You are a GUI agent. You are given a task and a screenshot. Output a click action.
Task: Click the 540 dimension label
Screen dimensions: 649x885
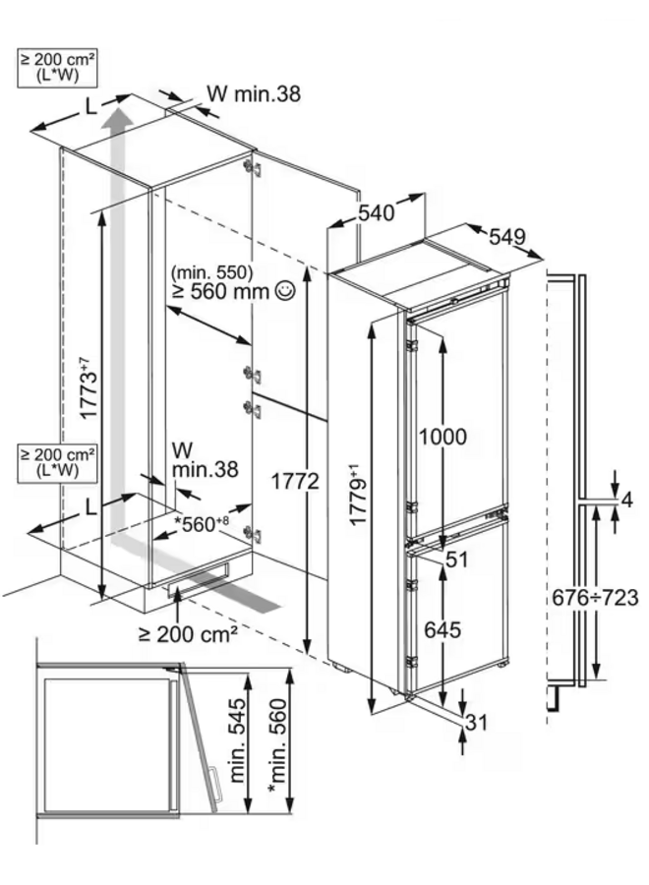tap(377, 212)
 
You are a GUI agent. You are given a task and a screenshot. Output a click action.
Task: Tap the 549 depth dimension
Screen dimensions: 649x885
tap(506, 236)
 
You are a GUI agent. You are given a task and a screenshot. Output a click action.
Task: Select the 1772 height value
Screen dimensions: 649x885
tap(295, 481)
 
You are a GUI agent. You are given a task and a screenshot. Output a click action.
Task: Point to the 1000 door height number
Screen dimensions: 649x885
tap(442, 437)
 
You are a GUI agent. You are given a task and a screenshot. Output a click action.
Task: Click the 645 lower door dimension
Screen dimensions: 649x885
tap(442, 629)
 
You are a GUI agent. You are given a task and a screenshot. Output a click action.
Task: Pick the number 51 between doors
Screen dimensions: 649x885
tap(457, 560)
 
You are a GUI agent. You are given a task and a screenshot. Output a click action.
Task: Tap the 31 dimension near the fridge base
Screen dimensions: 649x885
tap(476, 722)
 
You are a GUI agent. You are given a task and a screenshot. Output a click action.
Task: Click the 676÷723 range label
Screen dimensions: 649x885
tap(595, 597)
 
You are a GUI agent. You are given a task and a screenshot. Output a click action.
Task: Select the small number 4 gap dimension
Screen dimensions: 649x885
tap(627, 500)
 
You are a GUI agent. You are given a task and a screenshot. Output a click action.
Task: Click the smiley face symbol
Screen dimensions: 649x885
tap(284, 291)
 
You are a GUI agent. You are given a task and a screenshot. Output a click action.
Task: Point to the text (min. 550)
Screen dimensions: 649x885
tap(211, 272)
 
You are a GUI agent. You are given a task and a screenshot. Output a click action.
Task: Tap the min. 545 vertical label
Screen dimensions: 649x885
tap(238, 740)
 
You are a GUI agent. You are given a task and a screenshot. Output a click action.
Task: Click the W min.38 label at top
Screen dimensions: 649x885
tap(254, 93)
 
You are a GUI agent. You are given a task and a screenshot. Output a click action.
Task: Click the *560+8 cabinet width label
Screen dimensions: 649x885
tap(202, 524)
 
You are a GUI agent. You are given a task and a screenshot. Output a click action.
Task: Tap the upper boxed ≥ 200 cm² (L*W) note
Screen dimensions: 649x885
tap(57, 68)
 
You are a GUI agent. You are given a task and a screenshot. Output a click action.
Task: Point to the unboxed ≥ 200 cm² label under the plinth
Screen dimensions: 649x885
tap(188, 634)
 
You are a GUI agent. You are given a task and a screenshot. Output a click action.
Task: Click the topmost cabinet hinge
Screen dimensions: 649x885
tap(253, 167)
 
